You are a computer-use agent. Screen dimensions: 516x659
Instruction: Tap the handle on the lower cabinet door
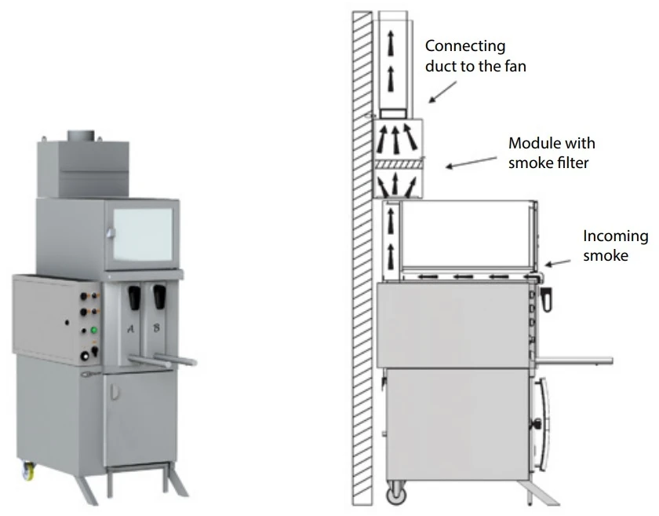(x=115, y=390)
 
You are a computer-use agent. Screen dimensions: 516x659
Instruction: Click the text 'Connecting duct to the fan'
(x=475, y=57)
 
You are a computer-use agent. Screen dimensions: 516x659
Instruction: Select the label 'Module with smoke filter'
(x=552, y=153)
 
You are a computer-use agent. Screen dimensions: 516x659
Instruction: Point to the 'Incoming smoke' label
(x=615, y=245)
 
